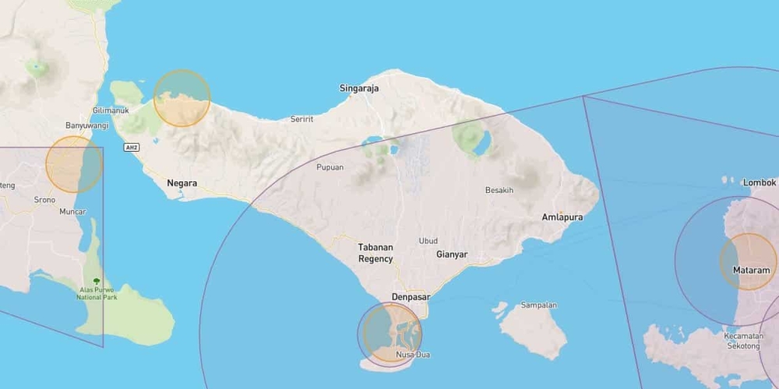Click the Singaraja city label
coord(359,88)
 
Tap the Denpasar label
coord(411,296)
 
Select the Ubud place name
coord(428,240)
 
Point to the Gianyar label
coord(452,254)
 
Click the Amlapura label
coord(562,217)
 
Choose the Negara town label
coord(182,184)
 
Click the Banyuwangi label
coord(86,125)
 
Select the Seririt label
coord(301,119)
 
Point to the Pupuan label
coord(330,167)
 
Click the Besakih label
coord(499,191)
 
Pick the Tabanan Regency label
coord(375,253)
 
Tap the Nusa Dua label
coord(412,355)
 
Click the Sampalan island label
coord(539,305)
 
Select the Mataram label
coord(751,270)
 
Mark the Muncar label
coord(72,211)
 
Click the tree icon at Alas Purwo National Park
coord(97,281)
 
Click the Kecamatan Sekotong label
coord(744,342)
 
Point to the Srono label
coord(44,198)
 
